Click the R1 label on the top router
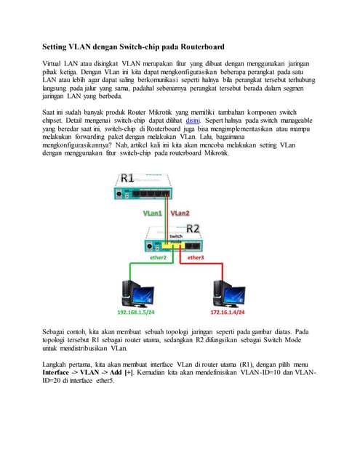point(128,178)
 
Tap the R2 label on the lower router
point(193,228)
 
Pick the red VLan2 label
point(180,214)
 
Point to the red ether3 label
point(196,257)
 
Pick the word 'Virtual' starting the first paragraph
point(55,65)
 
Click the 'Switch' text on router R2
point(175,237)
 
